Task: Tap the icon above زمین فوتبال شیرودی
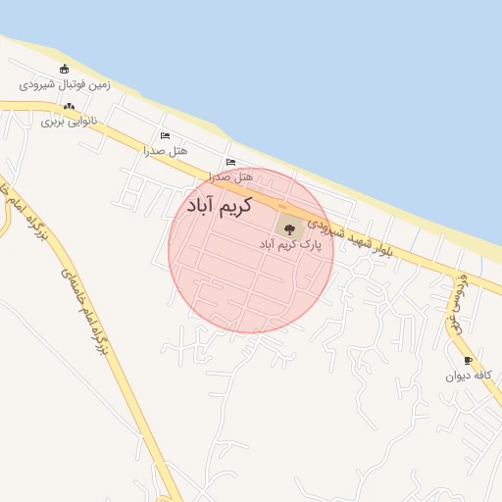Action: [65, 69]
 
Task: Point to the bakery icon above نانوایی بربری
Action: [69, 107]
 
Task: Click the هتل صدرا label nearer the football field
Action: [165, 151]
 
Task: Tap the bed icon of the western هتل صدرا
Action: [165, 136]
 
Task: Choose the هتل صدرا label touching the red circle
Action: [230, 177]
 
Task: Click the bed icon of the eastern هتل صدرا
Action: [230, 163]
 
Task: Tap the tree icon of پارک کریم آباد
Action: [287, 226]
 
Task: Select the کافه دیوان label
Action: [467, 376]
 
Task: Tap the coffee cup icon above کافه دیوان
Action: [468, 360]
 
